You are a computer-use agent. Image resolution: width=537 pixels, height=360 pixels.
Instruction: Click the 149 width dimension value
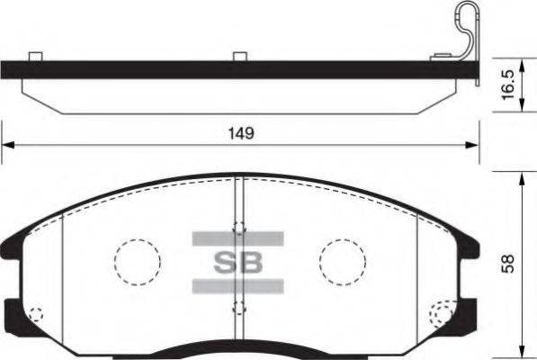tap(238, 133)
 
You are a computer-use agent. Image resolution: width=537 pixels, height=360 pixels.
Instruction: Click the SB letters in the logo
tap(238, 263)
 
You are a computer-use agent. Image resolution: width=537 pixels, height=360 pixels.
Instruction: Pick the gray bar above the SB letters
tap(238, 238)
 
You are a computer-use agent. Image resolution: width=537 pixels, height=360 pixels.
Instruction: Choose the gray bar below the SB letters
tap(238, 287)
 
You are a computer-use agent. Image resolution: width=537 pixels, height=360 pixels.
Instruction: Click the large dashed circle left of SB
tap(137, 261)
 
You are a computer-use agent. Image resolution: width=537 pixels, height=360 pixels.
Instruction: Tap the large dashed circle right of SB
tap(343, 261)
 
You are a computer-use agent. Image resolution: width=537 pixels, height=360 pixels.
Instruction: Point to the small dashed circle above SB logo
tap(238, 228)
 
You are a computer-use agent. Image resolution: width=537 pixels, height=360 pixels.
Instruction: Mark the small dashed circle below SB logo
tap(238, 308)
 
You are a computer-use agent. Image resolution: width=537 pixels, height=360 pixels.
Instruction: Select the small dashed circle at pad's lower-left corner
tap(36, 315)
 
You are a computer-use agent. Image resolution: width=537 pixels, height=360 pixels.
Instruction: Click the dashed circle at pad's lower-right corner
tap(442, 314)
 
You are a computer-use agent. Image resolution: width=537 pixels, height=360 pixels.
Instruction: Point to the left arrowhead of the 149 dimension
tap(7, 145)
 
